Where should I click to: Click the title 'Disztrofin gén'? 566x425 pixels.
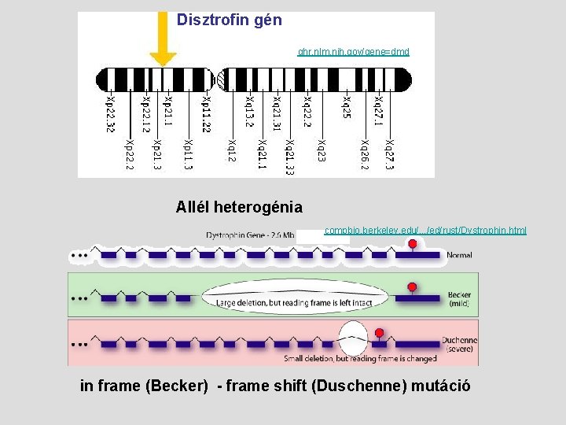tap(229, 20)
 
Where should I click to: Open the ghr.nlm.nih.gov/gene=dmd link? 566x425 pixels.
tap(353, 52)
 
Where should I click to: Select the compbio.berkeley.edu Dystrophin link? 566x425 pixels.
tap(425, 231)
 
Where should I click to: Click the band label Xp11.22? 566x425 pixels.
tap(205, 114)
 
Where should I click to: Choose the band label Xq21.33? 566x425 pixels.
tap(291, 157)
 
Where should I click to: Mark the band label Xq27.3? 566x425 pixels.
tap(390, 154)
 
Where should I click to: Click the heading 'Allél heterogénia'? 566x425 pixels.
tap(239, 208)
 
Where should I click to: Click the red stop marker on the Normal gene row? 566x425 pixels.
tap(413, 245)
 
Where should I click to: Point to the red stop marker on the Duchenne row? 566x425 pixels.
tap(380, 334)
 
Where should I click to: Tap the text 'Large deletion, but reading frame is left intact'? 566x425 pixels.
tap(296, 301)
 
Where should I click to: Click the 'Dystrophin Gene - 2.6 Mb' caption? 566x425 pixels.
tap(250, 235)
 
